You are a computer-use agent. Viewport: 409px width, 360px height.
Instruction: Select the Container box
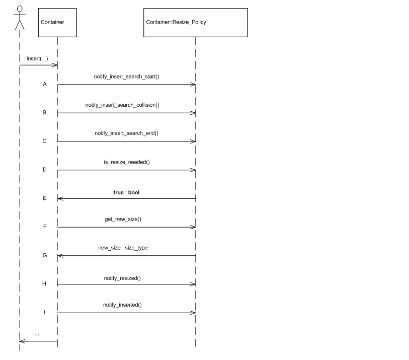pyautogui.click(x=57, y=23)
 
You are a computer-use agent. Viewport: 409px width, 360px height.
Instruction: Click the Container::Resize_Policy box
pyautogui.click(x=195, y=23)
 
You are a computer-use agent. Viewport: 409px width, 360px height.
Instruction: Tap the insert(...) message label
pyautogui.click(x=37, y=58)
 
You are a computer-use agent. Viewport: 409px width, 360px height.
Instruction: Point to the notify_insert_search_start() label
pyautogui.click(x=126, y=77)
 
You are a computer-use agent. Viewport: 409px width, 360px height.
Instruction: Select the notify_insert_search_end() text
pyautogui.click(x=126, y=133)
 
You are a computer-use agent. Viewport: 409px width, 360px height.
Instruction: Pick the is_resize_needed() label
pyautogui.click(x=126, y=162)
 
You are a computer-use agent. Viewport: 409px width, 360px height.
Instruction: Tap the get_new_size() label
pyautogui.click(x=126, y=220)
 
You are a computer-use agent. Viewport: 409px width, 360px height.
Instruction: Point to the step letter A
pyautogui.click(x=44, y=84)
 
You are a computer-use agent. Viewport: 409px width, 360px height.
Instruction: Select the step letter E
pyautogui.click(x=44, y=198)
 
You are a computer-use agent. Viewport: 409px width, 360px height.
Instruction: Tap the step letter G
pyautogui.click(x=44, y=255)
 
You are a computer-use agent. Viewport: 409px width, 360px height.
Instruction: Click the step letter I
pyautogui.click(x=44, y=312)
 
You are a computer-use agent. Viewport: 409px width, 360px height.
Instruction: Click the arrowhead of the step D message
pyautogui.click(x=193, y=170)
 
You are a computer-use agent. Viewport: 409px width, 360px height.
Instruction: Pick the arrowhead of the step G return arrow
pyautogui.click(x=60, y=256)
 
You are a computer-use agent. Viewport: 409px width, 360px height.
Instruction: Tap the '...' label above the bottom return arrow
pyautogui.click(x=37, y=334)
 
